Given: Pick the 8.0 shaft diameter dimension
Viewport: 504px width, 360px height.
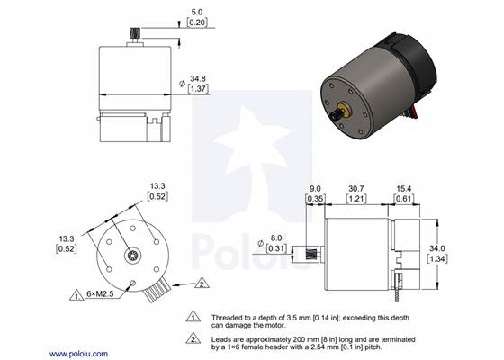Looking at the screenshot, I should point(278,239).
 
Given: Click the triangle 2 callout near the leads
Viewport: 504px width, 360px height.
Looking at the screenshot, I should point(202,283).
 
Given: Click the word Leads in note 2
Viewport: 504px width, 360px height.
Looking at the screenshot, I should point(222,337).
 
